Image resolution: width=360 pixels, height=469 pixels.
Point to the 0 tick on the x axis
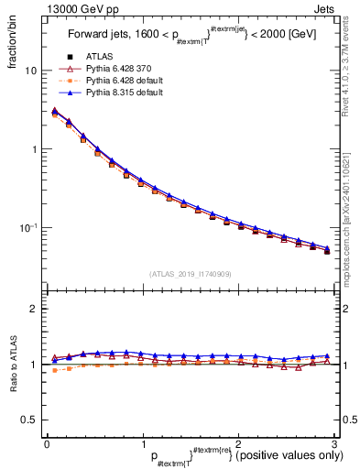[x=47, y=443]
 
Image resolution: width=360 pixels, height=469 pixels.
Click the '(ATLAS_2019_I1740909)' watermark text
[x=190, y=274]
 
